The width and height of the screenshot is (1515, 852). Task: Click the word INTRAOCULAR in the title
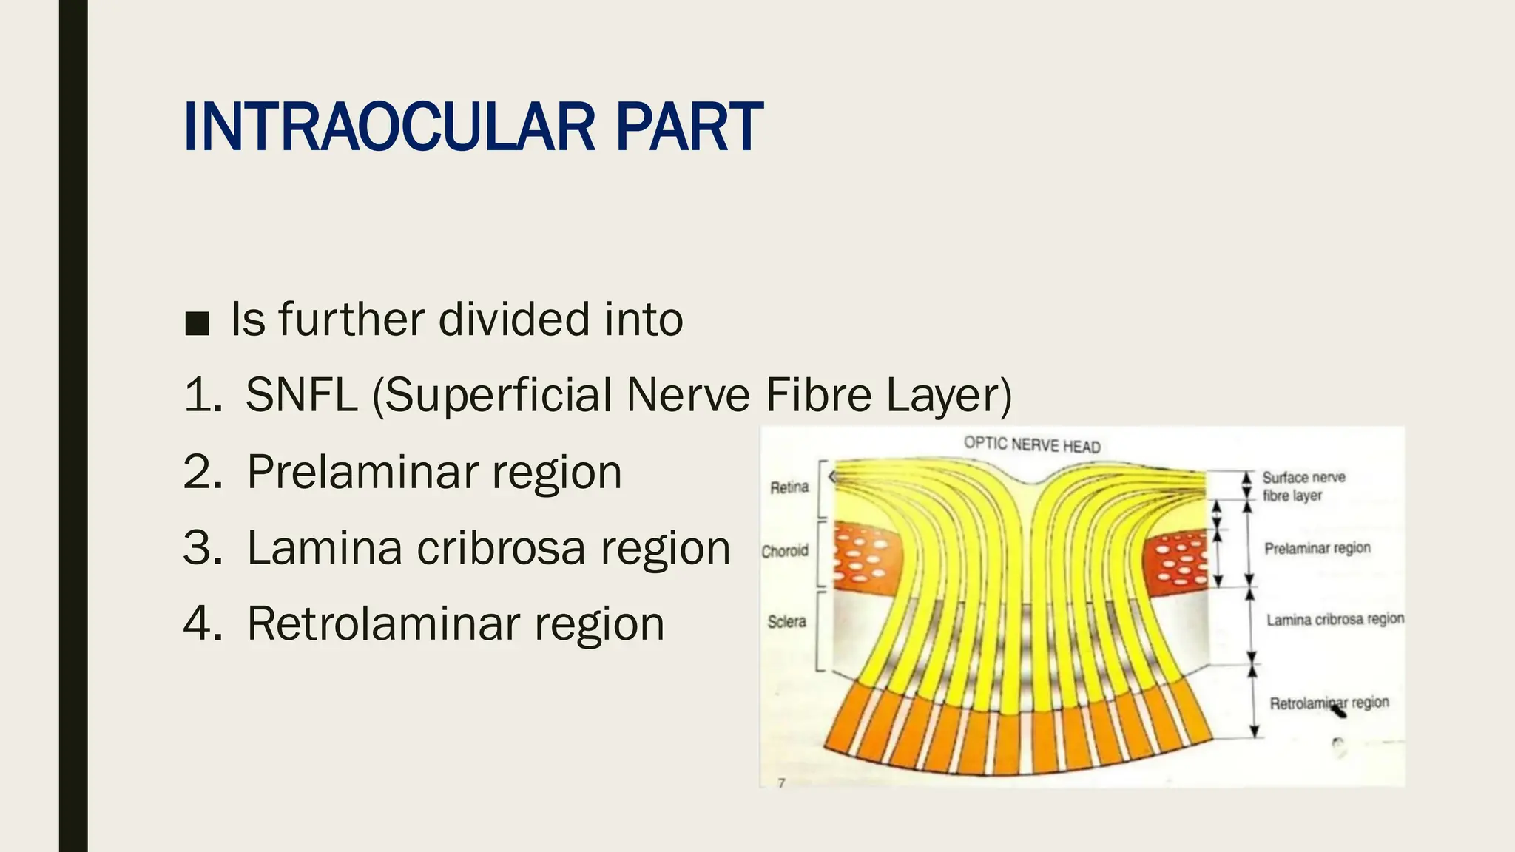389,127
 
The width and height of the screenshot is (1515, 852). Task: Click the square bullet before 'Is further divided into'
197,323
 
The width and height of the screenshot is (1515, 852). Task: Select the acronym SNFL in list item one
301,395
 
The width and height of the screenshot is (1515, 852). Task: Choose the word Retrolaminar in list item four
384,624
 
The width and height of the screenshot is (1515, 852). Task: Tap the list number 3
201,548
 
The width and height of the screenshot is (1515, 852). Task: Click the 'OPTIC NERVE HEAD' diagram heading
1032,445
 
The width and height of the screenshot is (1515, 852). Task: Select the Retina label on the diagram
789,487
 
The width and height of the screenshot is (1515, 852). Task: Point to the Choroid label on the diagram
785,551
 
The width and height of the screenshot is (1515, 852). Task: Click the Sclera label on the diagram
786,622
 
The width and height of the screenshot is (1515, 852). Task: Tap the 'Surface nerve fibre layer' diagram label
1303,487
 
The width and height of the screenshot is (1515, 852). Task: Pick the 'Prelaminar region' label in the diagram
1317,549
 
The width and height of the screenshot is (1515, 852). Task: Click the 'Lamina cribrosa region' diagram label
1335,620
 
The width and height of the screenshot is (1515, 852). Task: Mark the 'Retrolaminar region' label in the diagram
1329,703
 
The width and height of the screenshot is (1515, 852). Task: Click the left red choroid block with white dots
866,556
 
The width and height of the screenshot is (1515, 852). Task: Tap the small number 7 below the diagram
781,782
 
